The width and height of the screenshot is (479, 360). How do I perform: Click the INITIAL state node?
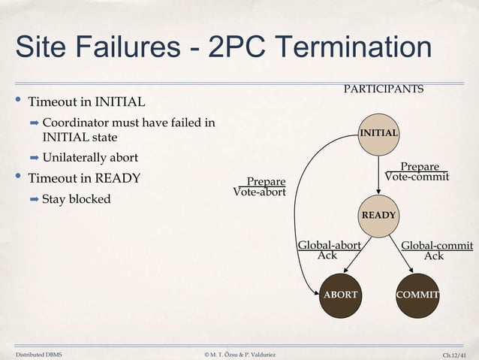379,133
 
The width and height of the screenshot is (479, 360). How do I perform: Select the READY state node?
379,215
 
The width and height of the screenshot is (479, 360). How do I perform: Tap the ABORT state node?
340,295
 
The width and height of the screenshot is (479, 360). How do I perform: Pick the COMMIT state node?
417,295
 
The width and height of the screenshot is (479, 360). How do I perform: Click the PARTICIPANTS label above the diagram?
383,89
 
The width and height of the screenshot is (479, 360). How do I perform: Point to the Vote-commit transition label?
417,177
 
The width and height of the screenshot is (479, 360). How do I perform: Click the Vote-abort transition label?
260,192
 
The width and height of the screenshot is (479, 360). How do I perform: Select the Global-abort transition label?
330,245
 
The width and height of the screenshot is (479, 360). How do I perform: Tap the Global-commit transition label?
437,245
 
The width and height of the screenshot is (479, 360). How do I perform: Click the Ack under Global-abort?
327,256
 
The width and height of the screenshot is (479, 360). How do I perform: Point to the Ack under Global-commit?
434,256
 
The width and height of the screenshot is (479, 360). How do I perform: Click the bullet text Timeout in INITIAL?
86,101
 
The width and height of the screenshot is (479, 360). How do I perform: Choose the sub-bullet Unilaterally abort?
90,158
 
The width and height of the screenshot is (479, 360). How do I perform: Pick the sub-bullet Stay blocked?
77,199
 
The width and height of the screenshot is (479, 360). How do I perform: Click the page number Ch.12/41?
458,354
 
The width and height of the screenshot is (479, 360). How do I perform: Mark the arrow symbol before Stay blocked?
34,199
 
